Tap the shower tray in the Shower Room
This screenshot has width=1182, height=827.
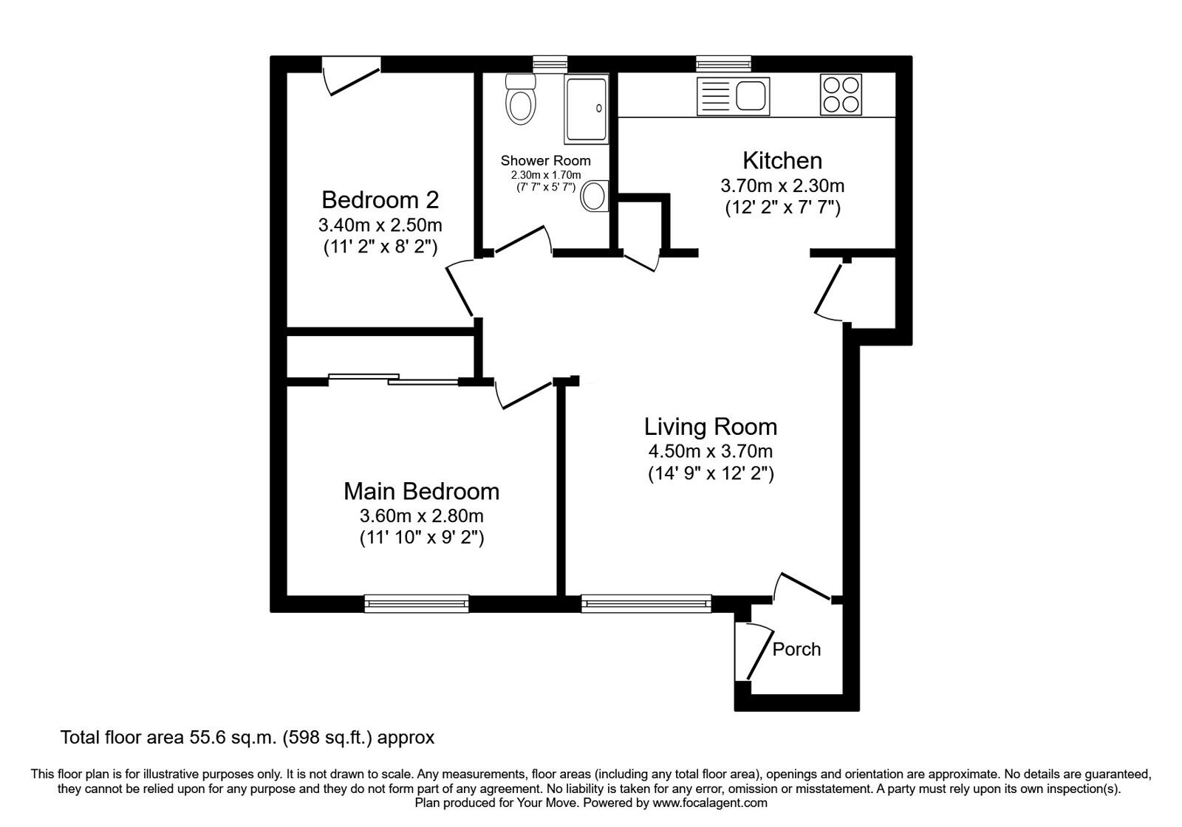(x=587, y=109)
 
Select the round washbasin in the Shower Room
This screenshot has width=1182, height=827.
(x=594, y=196)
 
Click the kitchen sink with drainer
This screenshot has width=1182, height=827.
(x=733, y=96)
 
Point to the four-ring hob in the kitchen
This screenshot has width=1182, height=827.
(x=841, y=95)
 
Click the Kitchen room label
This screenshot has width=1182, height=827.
(x=782, y=160)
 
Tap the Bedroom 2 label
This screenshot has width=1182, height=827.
(x=380, y=200)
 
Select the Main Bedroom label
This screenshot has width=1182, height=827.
(x=421, y=491)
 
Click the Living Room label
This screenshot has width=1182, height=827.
(x=710, y=427)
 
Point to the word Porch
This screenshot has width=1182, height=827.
(x=796, y=649)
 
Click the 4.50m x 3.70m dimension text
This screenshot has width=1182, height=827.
(x=710, y=451)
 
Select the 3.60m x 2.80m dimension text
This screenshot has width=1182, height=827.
(x=421, y=515)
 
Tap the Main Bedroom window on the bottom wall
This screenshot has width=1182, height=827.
(x=417, y=604)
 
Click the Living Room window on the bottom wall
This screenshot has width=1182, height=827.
(x=646, y=604)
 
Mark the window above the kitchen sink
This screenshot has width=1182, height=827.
(x=723, y=64)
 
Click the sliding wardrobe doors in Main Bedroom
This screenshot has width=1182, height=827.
(x=393, y=380)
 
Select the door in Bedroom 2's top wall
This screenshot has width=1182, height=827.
(x=352, y=76)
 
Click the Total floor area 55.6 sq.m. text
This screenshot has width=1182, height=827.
(x=247, y=737)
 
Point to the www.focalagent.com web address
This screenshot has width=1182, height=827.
(x=709, y=803)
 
